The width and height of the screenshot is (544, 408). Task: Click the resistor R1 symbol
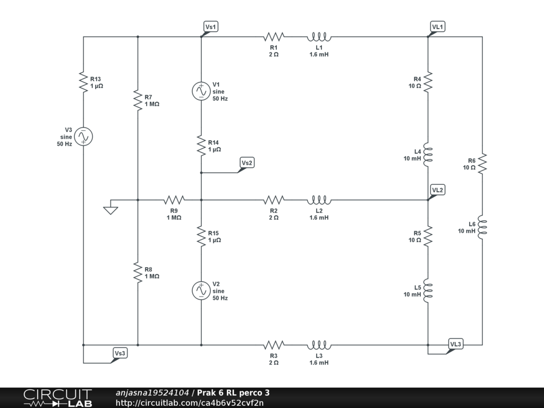[x=274, y=37]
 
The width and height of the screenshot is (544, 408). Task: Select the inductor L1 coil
[x=319, y=37]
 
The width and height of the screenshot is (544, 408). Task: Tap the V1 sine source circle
[x=201, y=91]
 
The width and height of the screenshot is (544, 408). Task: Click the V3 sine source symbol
[x=83, y=137]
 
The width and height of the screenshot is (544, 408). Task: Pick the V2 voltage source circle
[x=201, y=291]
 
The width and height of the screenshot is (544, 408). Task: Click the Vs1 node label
[x=211, y=27]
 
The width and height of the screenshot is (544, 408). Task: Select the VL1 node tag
[x=438, y=27]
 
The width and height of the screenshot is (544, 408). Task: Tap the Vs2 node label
[x=246, y=163]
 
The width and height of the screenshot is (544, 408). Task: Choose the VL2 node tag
[x=438, y=190]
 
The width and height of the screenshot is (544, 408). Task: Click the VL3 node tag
[x=456, y=344]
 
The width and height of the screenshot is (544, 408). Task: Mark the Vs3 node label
[x=120, y=353]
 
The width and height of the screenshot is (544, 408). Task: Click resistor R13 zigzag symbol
[x=83, y=82]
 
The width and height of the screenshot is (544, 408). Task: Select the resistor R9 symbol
[x=174, y=200]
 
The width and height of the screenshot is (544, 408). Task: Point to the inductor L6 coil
[x=482, y=227]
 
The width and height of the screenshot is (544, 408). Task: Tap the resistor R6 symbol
[x=482, y=163]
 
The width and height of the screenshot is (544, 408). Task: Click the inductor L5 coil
[x=428, y=291]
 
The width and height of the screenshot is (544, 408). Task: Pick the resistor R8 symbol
[x=138, y=273]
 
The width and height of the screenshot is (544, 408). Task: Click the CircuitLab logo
[x=57, y=398]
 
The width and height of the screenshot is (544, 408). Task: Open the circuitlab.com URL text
[x=190, y=403]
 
